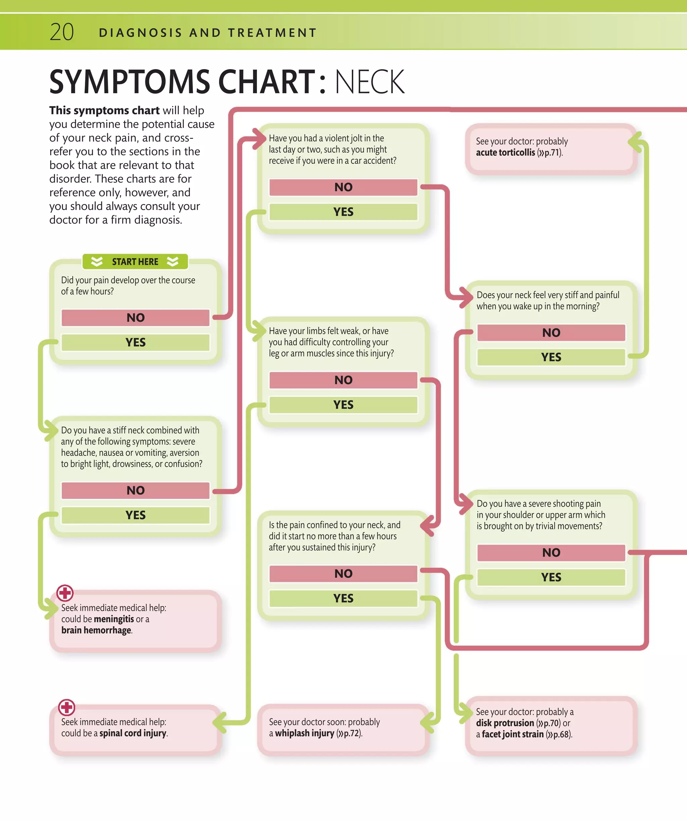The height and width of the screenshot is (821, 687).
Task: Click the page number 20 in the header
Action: tap(62, 32)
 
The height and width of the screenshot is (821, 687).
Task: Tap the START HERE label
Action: tap(135, 262)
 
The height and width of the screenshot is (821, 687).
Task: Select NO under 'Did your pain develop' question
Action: tap(136, 317)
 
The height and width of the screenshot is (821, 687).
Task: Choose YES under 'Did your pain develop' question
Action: tap(136, 343)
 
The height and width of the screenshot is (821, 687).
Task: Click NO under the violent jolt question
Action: tap(343, 187)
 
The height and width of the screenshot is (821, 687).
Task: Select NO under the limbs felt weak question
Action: tap(343, 380)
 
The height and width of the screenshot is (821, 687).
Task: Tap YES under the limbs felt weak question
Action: tap(343, 405)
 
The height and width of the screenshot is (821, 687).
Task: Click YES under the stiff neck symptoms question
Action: tap(136, 515)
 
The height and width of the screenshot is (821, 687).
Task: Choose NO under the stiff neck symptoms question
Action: tap(136, 490)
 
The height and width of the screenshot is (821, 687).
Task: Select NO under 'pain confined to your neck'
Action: tap(343, 573)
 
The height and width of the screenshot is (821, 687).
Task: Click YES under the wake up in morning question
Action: tap(551, 357)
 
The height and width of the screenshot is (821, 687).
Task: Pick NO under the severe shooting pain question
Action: tap(551, 552)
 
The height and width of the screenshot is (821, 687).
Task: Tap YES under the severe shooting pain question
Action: tap(551, 577)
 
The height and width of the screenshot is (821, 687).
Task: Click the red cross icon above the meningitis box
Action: tap(65, 593)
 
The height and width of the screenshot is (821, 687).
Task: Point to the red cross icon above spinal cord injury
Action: tap(66, 707)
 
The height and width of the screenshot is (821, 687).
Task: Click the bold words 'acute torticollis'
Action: tap(505, 152)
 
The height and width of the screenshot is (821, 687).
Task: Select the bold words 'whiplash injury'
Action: tap(305, 733)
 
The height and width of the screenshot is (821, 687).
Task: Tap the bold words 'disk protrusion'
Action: tap(505, 723)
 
